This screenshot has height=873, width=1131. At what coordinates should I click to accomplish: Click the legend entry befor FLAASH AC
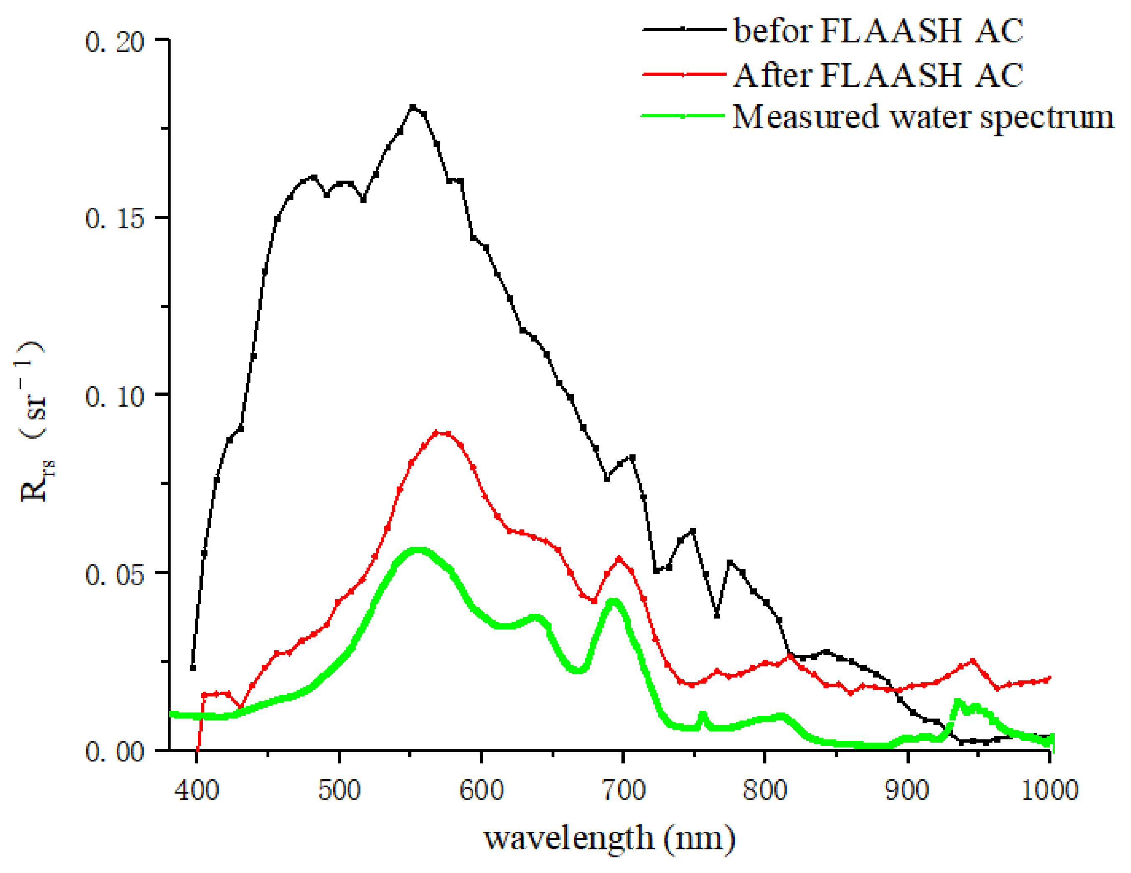(x=878, y=30)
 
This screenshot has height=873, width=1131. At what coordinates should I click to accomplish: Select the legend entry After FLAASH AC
(x=878, y=75)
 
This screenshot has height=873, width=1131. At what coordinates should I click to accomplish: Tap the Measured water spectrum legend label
(x=923, y=117)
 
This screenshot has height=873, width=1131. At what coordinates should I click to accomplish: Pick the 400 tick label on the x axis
(x=197, y=791)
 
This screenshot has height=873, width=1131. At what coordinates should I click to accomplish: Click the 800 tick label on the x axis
(x=765, y=791)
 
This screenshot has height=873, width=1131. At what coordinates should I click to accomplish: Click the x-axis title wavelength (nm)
(x=609, y=838)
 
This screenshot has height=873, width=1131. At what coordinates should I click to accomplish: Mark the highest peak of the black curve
(x=413, y=107)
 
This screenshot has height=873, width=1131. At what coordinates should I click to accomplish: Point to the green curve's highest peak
(x=418, y=550)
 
